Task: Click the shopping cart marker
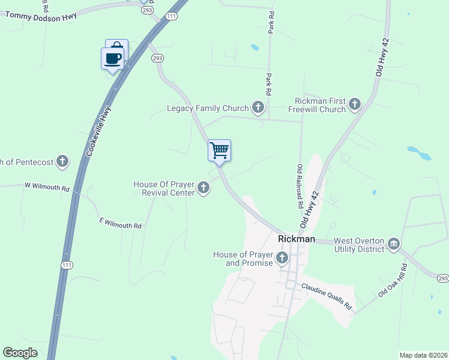(220, 150)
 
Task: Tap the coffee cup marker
(112, 58)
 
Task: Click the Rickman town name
(297, 239)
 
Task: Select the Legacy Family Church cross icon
(258, 108)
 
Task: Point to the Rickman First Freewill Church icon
(354, 105)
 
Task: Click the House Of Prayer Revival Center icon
(203, 188)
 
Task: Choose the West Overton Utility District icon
(394, 243)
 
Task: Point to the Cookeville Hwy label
(98, 132)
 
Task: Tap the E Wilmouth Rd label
(120, 223)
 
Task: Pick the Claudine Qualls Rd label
(326, 296)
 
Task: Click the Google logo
(20, 352)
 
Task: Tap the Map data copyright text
(423, 355)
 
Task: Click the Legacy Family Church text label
(208, 109)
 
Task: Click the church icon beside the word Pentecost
(62, 161)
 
